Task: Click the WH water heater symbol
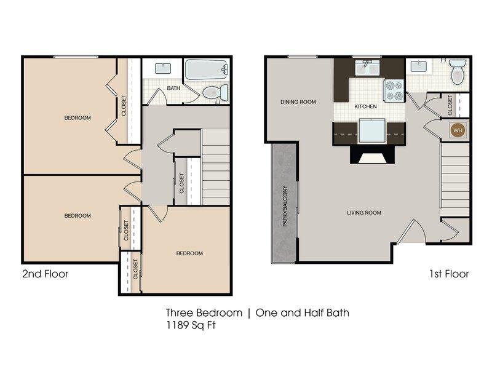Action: pyautogui.click(x=458, y=130)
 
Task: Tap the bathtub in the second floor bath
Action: pyautogui.click(x=207, y=69)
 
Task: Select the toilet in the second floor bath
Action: pyautogui.click(x=215, y=92)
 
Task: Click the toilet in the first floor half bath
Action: pyautogui.click(x=458, y=72)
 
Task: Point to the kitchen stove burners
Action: pyautogui.click(x=394, y=90)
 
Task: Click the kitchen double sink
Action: pyautogui.click(x=367, y=68)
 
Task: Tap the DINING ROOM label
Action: pyautogui.click(x=298, y=102)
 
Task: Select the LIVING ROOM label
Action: pyautogui.click(x=364, y=213)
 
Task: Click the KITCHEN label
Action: pyautogui.click(x=365, y=106)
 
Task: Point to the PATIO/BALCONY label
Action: pyautogui.click(x=285, y=206)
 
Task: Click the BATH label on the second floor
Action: pyautogui.click(x=173, y=88)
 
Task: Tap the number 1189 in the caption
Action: pyautogui.click(x=177, y=325)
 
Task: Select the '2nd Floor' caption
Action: pyautogui.click(x=45, y=274)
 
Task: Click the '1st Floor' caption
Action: pyautogui.click(x=449, y=274)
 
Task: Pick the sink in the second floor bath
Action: pyautogui.click(x=163, y=68)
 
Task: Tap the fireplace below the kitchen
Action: pyautogui.click(x=373, y=154)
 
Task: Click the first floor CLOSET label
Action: pyautogui.click(x=450, y=105)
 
